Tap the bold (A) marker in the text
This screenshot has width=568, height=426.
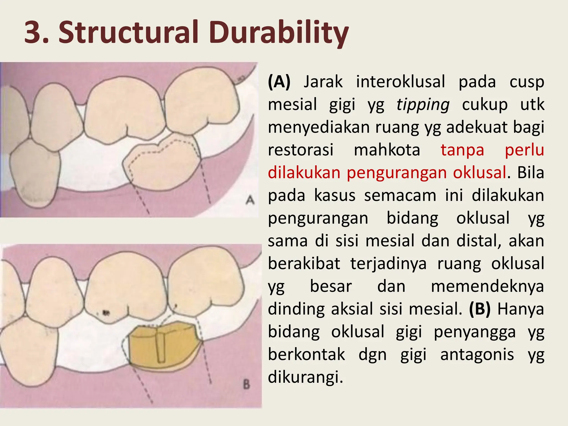click(279, 82)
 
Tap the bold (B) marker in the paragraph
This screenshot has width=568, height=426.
click(480, 309)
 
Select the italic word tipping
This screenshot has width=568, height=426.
click(423, 105)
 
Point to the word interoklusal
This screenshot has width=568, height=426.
click(400, 82)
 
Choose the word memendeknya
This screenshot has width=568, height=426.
click(487, 286)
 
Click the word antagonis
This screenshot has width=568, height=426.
click(477, 354)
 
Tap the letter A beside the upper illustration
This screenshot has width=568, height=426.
click(250, 200)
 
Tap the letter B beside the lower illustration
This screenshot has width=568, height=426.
click(246, 385)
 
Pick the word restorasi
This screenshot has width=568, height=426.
click(301, 150)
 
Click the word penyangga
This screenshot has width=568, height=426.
click(475, 332)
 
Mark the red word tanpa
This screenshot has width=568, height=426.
click(462, 150)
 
